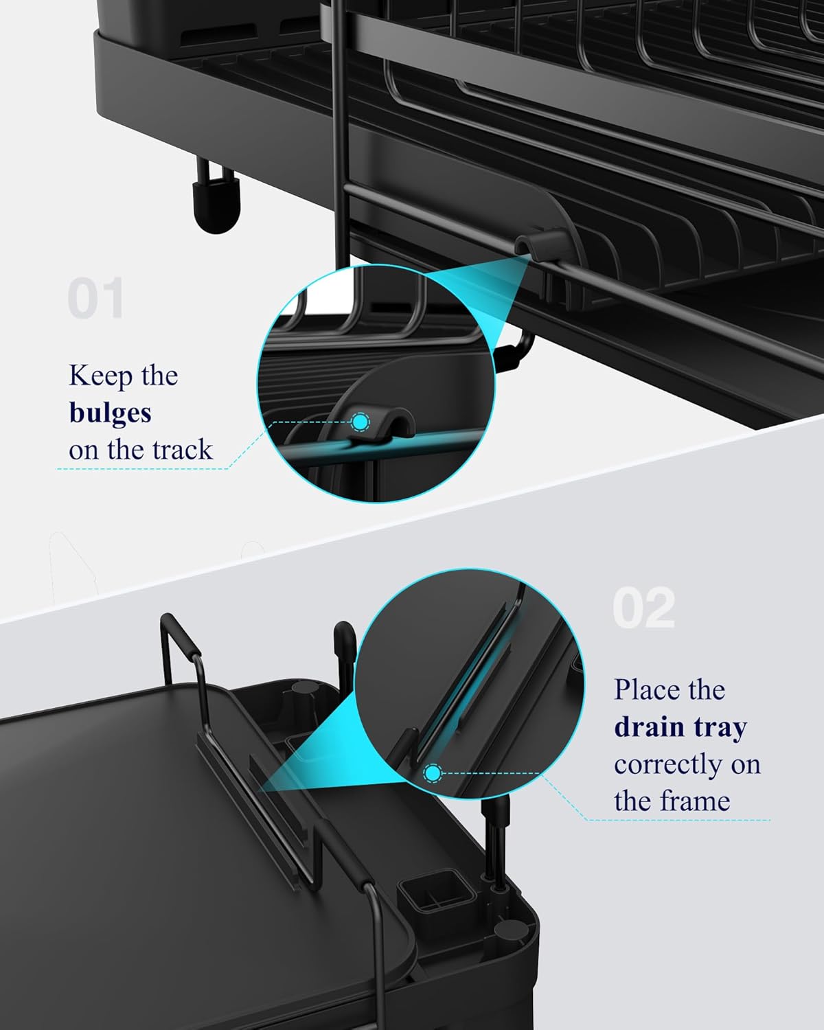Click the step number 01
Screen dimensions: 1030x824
point(95,299)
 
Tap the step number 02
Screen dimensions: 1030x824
point(643,608)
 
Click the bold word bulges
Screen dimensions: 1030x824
point(110,413)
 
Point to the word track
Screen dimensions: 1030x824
point(182,450)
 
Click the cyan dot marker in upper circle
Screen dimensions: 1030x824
point(360,422)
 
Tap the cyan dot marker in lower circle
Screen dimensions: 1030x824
point(433,774)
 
